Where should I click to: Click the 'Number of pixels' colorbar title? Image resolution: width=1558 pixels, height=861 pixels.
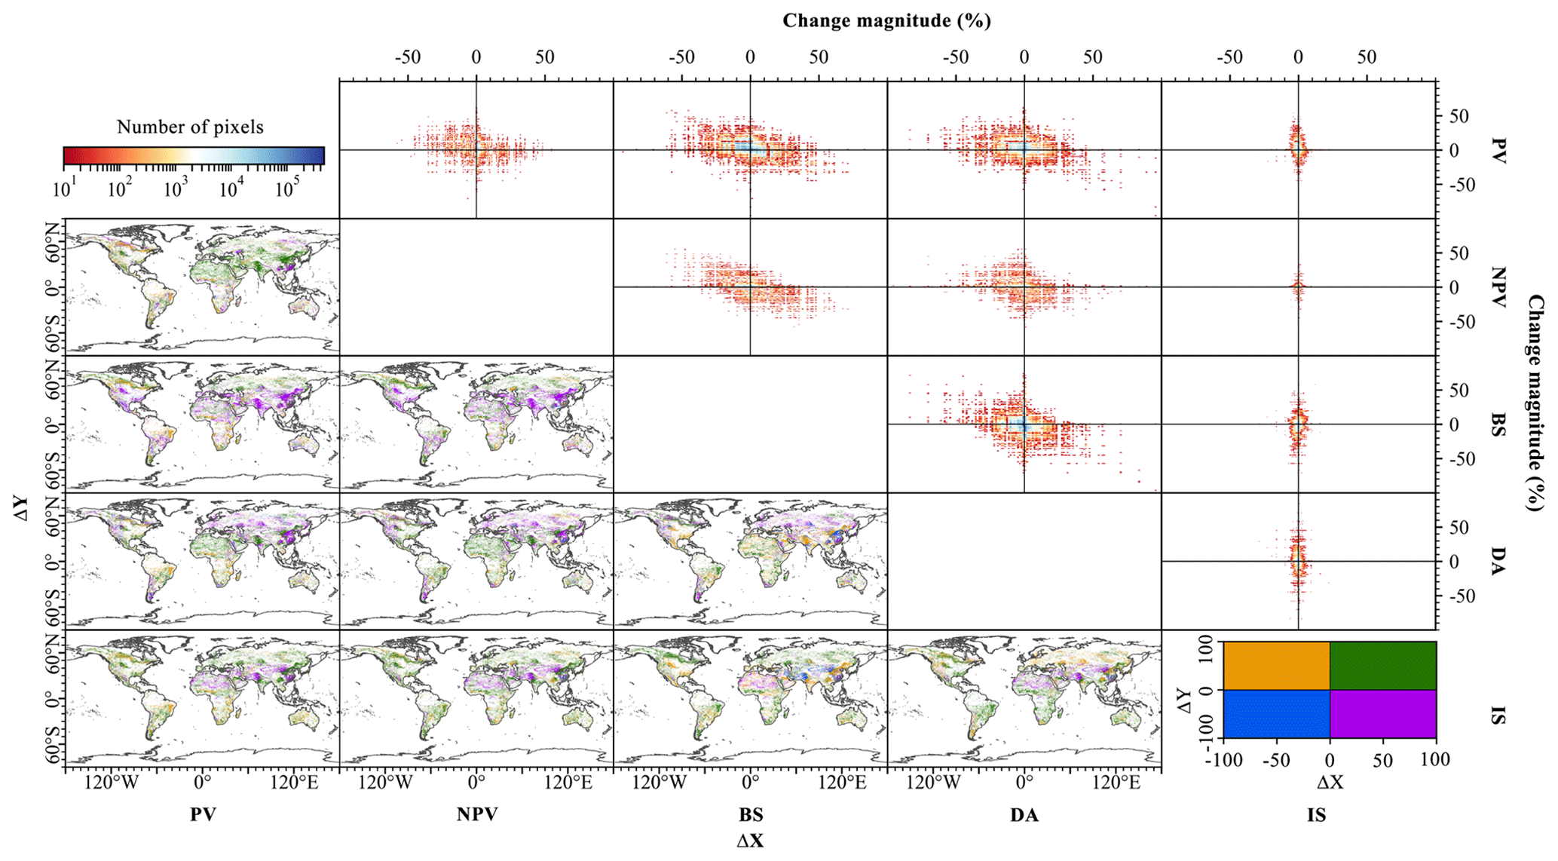pyautogui.click(x=190, y=127)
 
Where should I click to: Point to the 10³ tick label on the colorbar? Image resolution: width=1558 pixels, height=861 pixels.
pyautogui.click(x=174, y=188)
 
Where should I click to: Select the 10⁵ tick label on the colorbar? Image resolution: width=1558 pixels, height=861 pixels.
pyautogui.click(x=284, y=188)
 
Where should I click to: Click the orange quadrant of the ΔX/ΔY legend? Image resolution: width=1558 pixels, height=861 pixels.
pyautogui.click(x=1276, y=665)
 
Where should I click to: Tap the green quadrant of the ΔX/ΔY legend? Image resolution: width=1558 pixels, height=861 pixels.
pyautogui.click(x=1383, y=665)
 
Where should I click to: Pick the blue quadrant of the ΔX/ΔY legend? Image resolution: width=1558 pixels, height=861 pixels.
pyautogui.click(x=1276, y=713)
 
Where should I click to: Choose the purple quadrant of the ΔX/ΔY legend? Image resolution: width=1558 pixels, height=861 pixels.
pyautogui.click(x=1383, y=713)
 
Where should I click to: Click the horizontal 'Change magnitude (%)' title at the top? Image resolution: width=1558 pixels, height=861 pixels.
pyautogui.click(x=886, y=21)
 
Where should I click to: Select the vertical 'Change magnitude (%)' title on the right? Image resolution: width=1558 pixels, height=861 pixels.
pyautogui.click(x=1535, y=403)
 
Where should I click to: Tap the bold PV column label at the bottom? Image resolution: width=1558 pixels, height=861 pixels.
pyautogui.click(x=203, y=814)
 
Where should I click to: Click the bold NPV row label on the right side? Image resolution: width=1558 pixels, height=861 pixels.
pyautogui.click(x=1498, y=287)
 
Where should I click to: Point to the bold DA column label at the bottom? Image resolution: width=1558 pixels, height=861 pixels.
pyautogui.click(x=1024, y=814)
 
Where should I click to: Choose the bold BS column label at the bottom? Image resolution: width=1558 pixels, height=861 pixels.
pyautogui.click(x=751, y=814)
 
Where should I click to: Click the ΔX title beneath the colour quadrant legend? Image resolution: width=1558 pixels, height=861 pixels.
pyautogui.click(x=1330, y=783)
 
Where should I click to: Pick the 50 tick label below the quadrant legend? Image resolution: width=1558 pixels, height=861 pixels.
pyautogui.click(x=1382, y=760)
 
